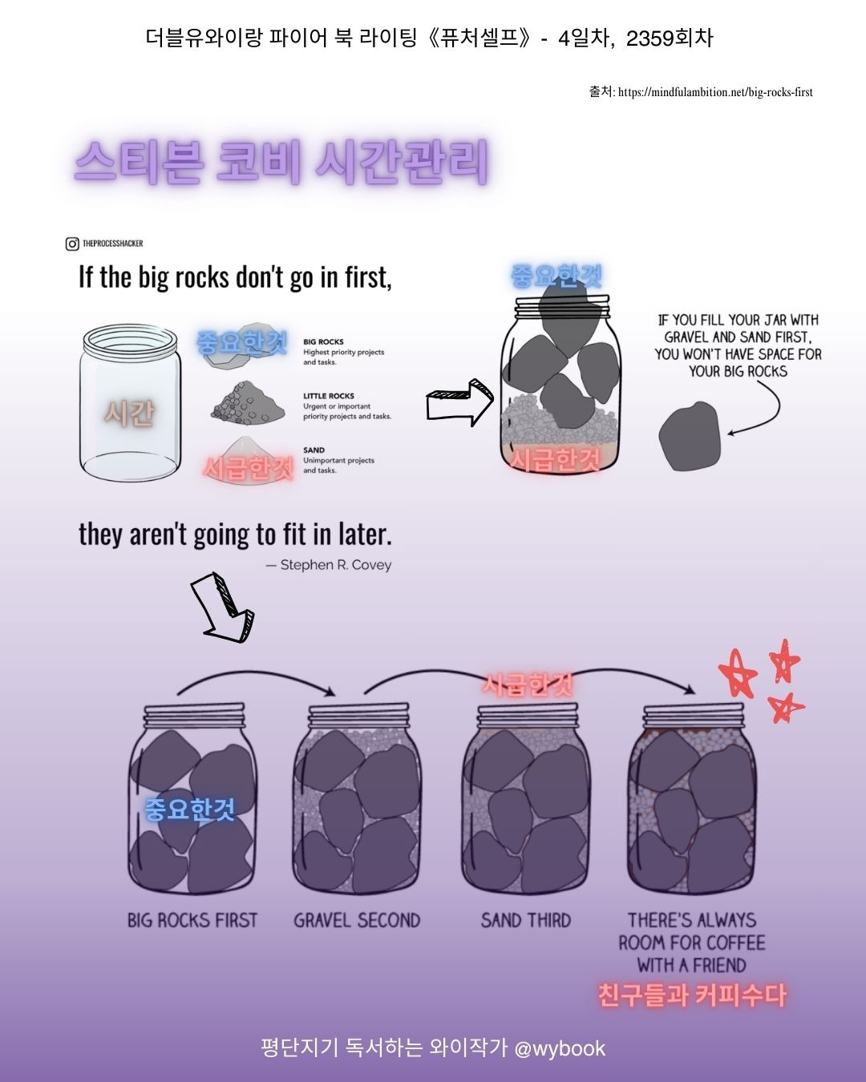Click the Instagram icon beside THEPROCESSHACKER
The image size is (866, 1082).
coord(72,244)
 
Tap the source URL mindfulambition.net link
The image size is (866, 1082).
coord(715,92)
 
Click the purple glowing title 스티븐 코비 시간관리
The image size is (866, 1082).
coord(281,161)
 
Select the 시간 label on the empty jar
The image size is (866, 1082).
coord(129,414)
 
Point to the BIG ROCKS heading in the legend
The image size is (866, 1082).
coord(323,342)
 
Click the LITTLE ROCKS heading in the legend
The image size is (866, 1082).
coord(329,396)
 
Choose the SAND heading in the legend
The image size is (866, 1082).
coord(314,450)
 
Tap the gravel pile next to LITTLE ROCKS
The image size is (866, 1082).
coord(248,402)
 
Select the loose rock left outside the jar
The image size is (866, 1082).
coord(690,436)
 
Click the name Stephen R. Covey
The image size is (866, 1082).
coord(336,565)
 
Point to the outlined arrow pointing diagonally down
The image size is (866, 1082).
coord(222,608)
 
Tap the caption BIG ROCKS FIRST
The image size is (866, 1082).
coord(192,921)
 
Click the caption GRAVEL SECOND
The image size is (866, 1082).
coord(357,921)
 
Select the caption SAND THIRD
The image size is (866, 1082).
coord(526,921)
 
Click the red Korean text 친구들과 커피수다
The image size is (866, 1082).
coord(692,995)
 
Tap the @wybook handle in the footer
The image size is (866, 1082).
coord(560,1048)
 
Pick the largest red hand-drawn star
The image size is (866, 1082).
coord(737,674)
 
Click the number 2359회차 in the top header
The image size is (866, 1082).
coord(670,38)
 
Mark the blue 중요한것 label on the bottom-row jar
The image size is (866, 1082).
coord(190,809)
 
